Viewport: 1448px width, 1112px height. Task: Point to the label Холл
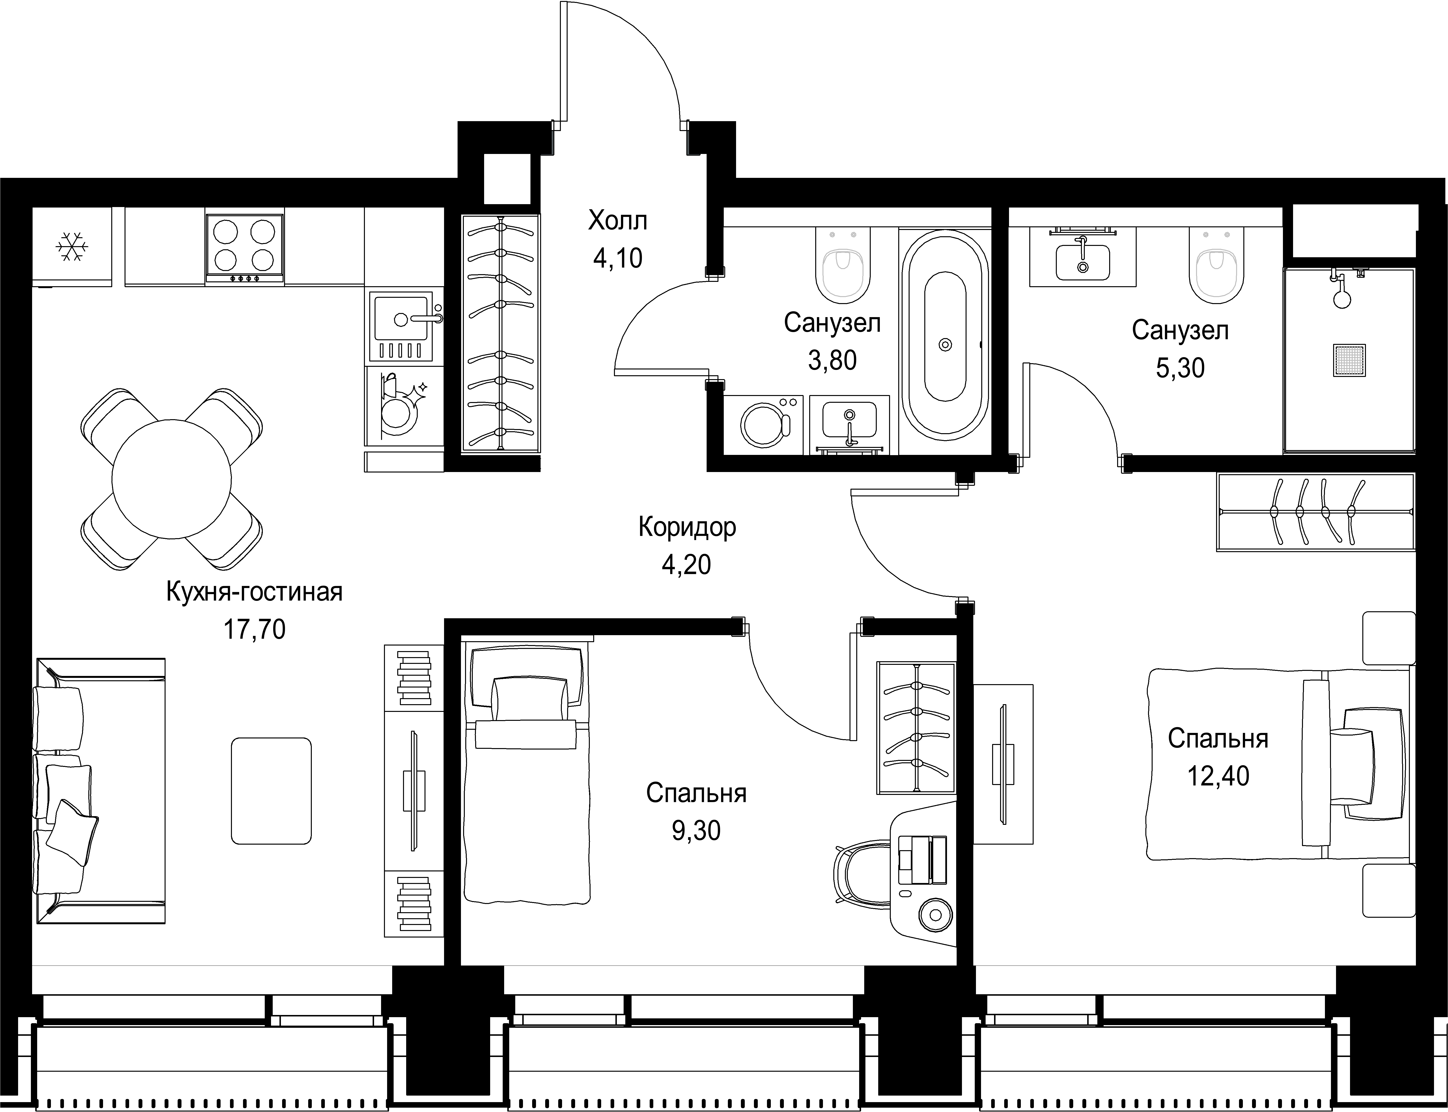point(618,220)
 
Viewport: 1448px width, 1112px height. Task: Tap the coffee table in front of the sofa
point(271,791)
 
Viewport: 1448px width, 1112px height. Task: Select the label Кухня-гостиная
point(255,592)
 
